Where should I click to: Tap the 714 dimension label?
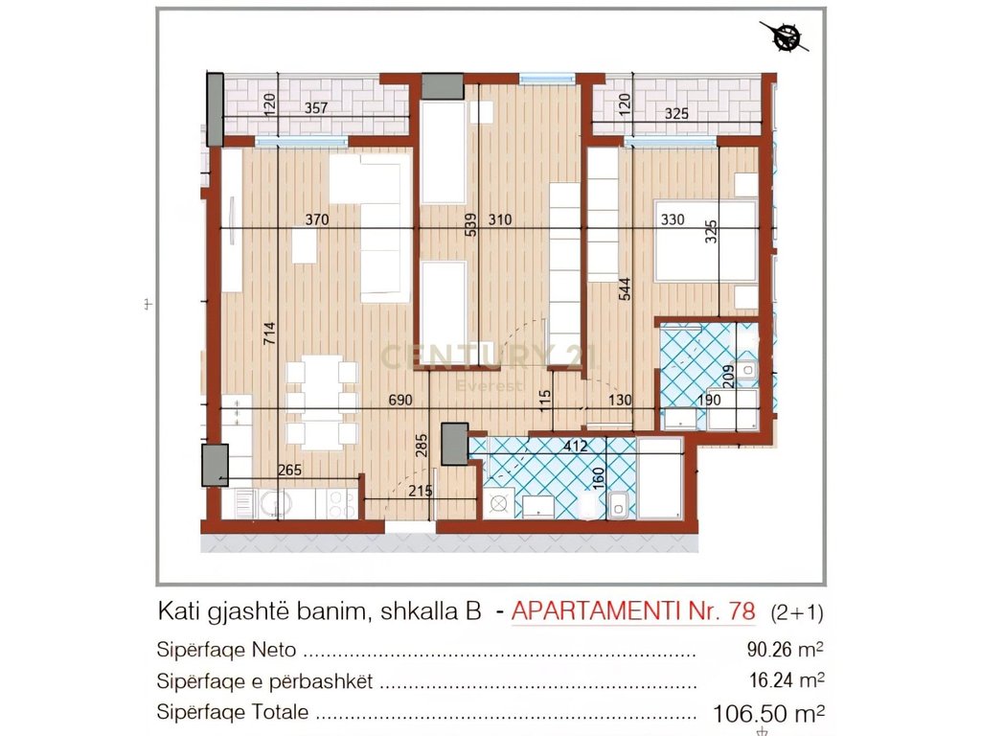(270, 333)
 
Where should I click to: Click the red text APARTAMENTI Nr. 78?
(634, 610)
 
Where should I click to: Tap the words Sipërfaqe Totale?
(233, 712)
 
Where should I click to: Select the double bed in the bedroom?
(705, 240)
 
